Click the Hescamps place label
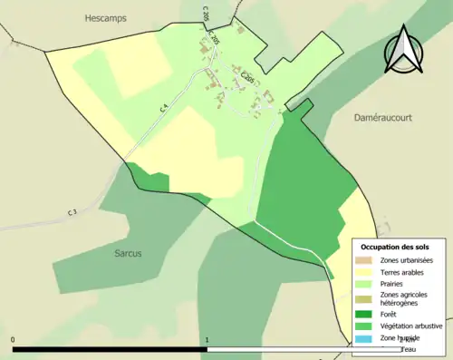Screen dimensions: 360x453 [106, 17]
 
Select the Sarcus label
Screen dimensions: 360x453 [128, 253]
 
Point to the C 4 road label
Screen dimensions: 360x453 [164, 107]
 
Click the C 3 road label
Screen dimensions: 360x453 [72, 212]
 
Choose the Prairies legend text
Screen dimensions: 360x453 [396, 284]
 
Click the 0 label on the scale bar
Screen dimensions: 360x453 [13, 340]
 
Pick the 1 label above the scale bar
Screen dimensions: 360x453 [207, 340]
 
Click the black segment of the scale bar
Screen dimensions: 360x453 [110, 348]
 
